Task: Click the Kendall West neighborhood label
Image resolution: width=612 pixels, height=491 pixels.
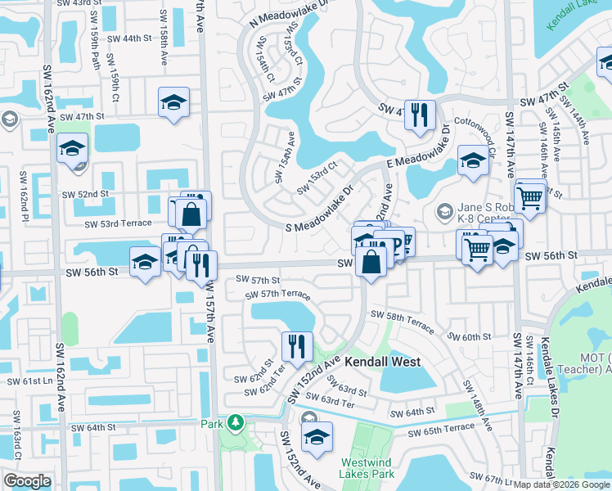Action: [382, 362]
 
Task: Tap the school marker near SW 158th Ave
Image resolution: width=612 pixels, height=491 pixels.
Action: [173, 103]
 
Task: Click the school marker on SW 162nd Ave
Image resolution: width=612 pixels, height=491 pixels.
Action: [72, 150]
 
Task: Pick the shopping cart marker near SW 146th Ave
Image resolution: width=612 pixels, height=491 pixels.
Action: [530, 196]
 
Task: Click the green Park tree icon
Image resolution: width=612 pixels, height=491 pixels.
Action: [236, 423]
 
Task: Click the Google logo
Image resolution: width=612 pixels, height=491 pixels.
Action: [27, 481]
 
